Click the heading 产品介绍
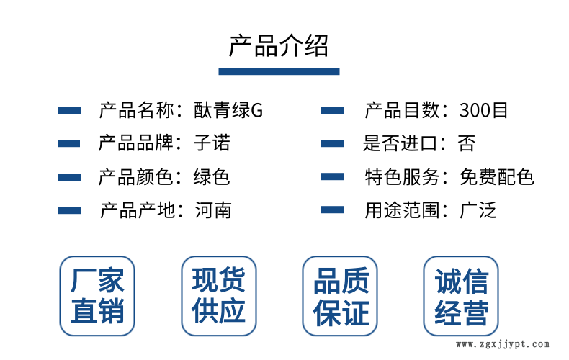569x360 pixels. (279, 46)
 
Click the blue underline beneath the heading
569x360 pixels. (279, 71)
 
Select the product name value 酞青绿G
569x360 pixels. (228, 110)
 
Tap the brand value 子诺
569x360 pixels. (212, 143)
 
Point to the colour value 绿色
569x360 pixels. (212, 176)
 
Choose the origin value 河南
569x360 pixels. (213, 210)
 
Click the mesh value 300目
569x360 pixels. (483, 110)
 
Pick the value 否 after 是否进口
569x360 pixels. (466, 143)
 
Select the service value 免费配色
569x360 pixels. (496, 176)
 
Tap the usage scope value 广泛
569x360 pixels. (478, 210)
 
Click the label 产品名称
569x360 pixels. (136, 110)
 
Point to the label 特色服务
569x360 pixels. (402, 176)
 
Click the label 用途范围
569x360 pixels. (402, 210)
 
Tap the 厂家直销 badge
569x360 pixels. (97, 296)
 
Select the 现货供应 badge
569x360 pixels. (219, 296)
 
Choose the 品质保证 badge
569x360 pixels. (340, 296)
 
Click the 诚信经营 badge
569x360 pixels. (461, 296)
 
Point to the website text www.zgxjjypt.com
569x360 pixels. (503, 344)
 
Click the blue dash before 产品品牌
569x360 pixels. (69, 143)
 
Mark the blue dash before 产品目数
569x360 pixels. (333, 110)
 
